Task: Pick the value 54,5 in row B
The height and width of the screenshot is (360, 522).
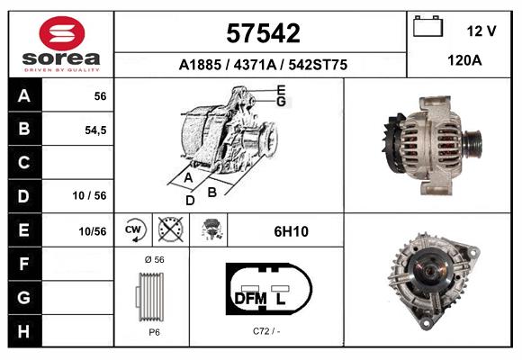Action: click(x=95, y=130)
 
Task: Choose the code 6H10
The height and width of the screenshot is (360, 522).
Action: click(x=291, y=231)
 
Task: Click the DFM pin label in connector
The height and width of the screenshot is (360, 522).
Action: click(x=250, y=298)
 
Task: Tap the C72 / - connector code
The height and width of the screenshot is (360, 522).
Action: click(x=265, y=331)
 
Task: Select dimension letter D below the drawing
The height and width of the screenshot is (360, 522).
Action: click(x=190, y=201)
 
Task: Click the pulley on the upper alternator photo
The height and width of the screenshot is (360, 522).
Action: click(x=472, y=142)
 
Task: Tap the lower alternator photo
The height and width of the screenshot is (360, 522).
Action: click(x=432, y=282)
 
